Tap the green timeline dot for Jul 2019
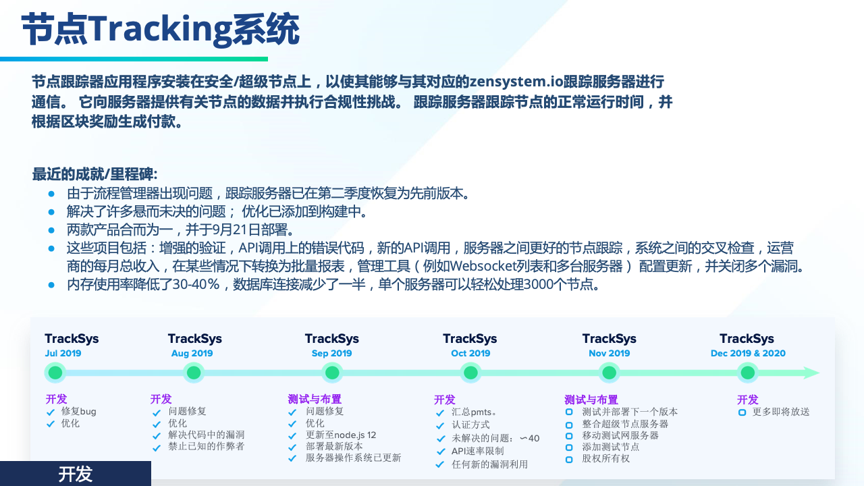(55, 373)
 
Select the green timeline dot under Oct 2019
(470, 373)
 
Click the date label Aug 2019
(192, 353)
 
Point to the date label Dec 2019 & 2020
(748, 353)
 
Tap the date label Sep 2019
(331, 353)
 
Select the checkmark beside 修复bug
(51, 412)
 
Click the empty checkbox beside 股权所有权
(569, 460)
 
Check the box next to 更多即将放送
(742, 412)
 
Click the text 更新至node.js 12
(341, 435)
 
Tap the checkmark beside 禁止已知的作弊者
(157, 448)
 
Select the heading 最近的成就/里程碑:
(95, 174)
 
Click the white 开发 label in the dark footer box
(75, 474)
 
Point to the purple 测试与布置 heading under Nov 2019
(591, 400)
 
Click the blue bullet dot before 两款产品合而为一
(51, 230)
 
